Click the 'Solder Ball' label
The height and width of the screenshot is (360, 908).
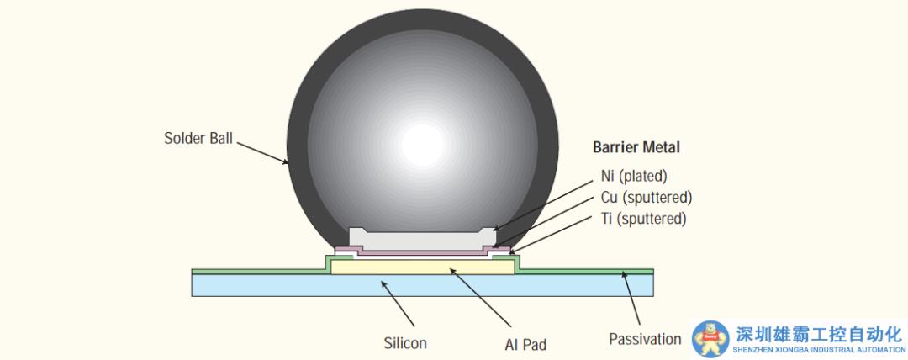pyautogui.click(x=198, y=139)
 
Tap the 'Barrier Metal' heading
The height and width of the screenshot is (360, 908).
pyautogui.click(x=636, y=147)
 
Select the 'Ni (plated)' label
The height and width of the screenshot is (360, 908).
pyautogui.click(x=634, y=175)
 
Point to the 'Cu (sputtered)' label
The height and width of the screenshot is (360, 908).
pyautogui.click(x=647, y=198)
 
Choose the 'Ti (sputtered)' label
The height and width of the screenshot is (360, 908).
pyautogui.click(x=643, y=220)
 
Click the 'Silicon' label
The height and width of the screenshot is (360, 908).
pyautogui.click(x=405, y=343)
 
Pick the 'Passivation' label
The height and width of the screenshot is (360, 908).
pyautogui.click(x=645, y=339)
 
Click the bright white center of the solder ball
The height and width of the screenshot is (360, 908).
pyautogui.click(x=423, y=145)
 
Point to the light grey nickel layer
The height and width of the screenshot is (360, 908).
pyautogui.click(x=423, y=239)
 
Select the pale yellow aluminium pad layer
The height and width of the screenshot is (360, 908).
pyautogui.click(x=423, y=267)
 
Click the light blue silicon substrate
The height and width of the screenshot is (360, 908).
pyautogui.click(x=423, y=285)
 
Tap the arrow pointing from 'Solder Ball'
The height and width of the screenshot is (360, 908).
pyautogui.click(x=262, y=153)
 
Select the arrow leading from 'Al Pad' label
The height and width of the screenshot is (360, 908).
pyautogui.click(x=480, y=298)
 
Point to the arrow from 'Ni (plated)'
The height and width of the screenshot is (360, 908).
pyautogui.click(x=544, y=205)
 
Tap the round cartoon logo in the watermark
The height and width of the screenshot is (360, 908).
pyautogui.click(x=710, y=339)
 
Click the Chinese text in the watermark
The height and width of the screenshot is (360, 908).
pyautogui.click(x=820, y=335)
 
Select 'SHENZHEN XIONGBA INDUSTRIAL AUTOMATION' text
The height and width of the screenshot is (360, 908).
pyautogui.click(x=819, y=350)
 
